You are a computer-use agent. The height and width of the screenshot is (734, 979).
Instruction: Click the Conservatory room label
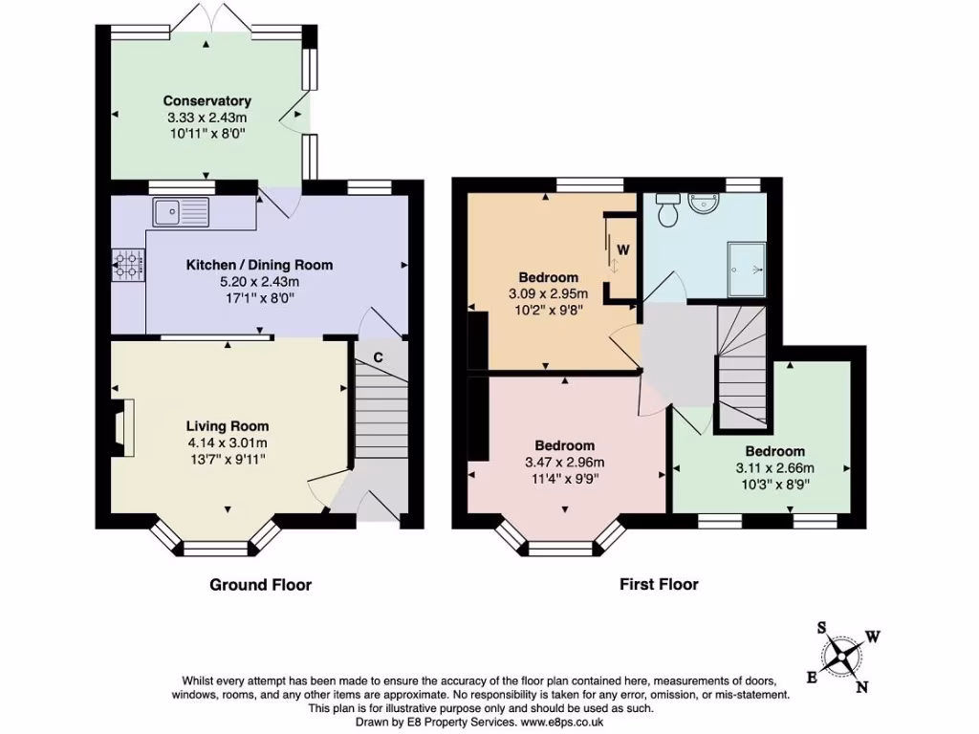[207, 100]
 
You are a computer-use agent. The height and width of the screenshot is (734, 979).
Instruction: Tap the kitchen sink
[180, 211]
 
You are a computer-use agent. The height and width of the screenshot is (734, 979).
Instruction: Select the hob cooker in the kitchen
[127, 265]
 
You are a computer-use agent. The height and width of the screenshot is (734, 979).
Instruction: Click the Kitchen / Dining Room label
[259, 265]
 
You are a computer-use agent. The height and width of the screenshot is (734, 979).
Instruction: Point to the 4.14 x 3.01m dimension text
[227, 443]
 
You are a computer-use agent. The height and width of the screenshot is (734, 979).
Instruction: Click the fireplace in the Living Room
[120, 423]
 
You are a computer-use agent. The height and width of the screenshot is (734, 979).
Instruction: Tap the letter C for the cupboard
[379, 357]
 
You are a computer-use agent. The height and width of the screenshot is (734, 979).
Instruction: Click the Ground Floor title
[260, 585]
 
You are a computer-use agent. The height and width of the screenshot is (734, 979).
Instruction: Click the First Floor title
[661, 585]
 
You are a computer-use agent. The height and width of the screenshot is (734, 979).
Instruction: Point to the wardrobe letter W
[622, 249]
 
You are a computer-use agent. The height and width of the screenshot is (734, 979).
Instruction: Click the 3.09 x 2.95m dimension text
[548, 293]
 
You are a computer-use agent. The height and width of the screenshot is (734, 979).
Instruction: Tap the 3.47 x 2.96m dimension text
[564, 463]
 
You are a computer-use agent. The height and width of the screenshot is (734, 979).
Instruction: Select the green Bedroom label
[774, 451]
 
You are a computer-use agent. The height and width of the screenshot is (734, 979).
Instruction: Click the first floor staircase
[742, 368]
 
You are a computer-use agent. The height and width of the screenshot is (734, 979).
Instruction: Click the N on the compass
[862, 685]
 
